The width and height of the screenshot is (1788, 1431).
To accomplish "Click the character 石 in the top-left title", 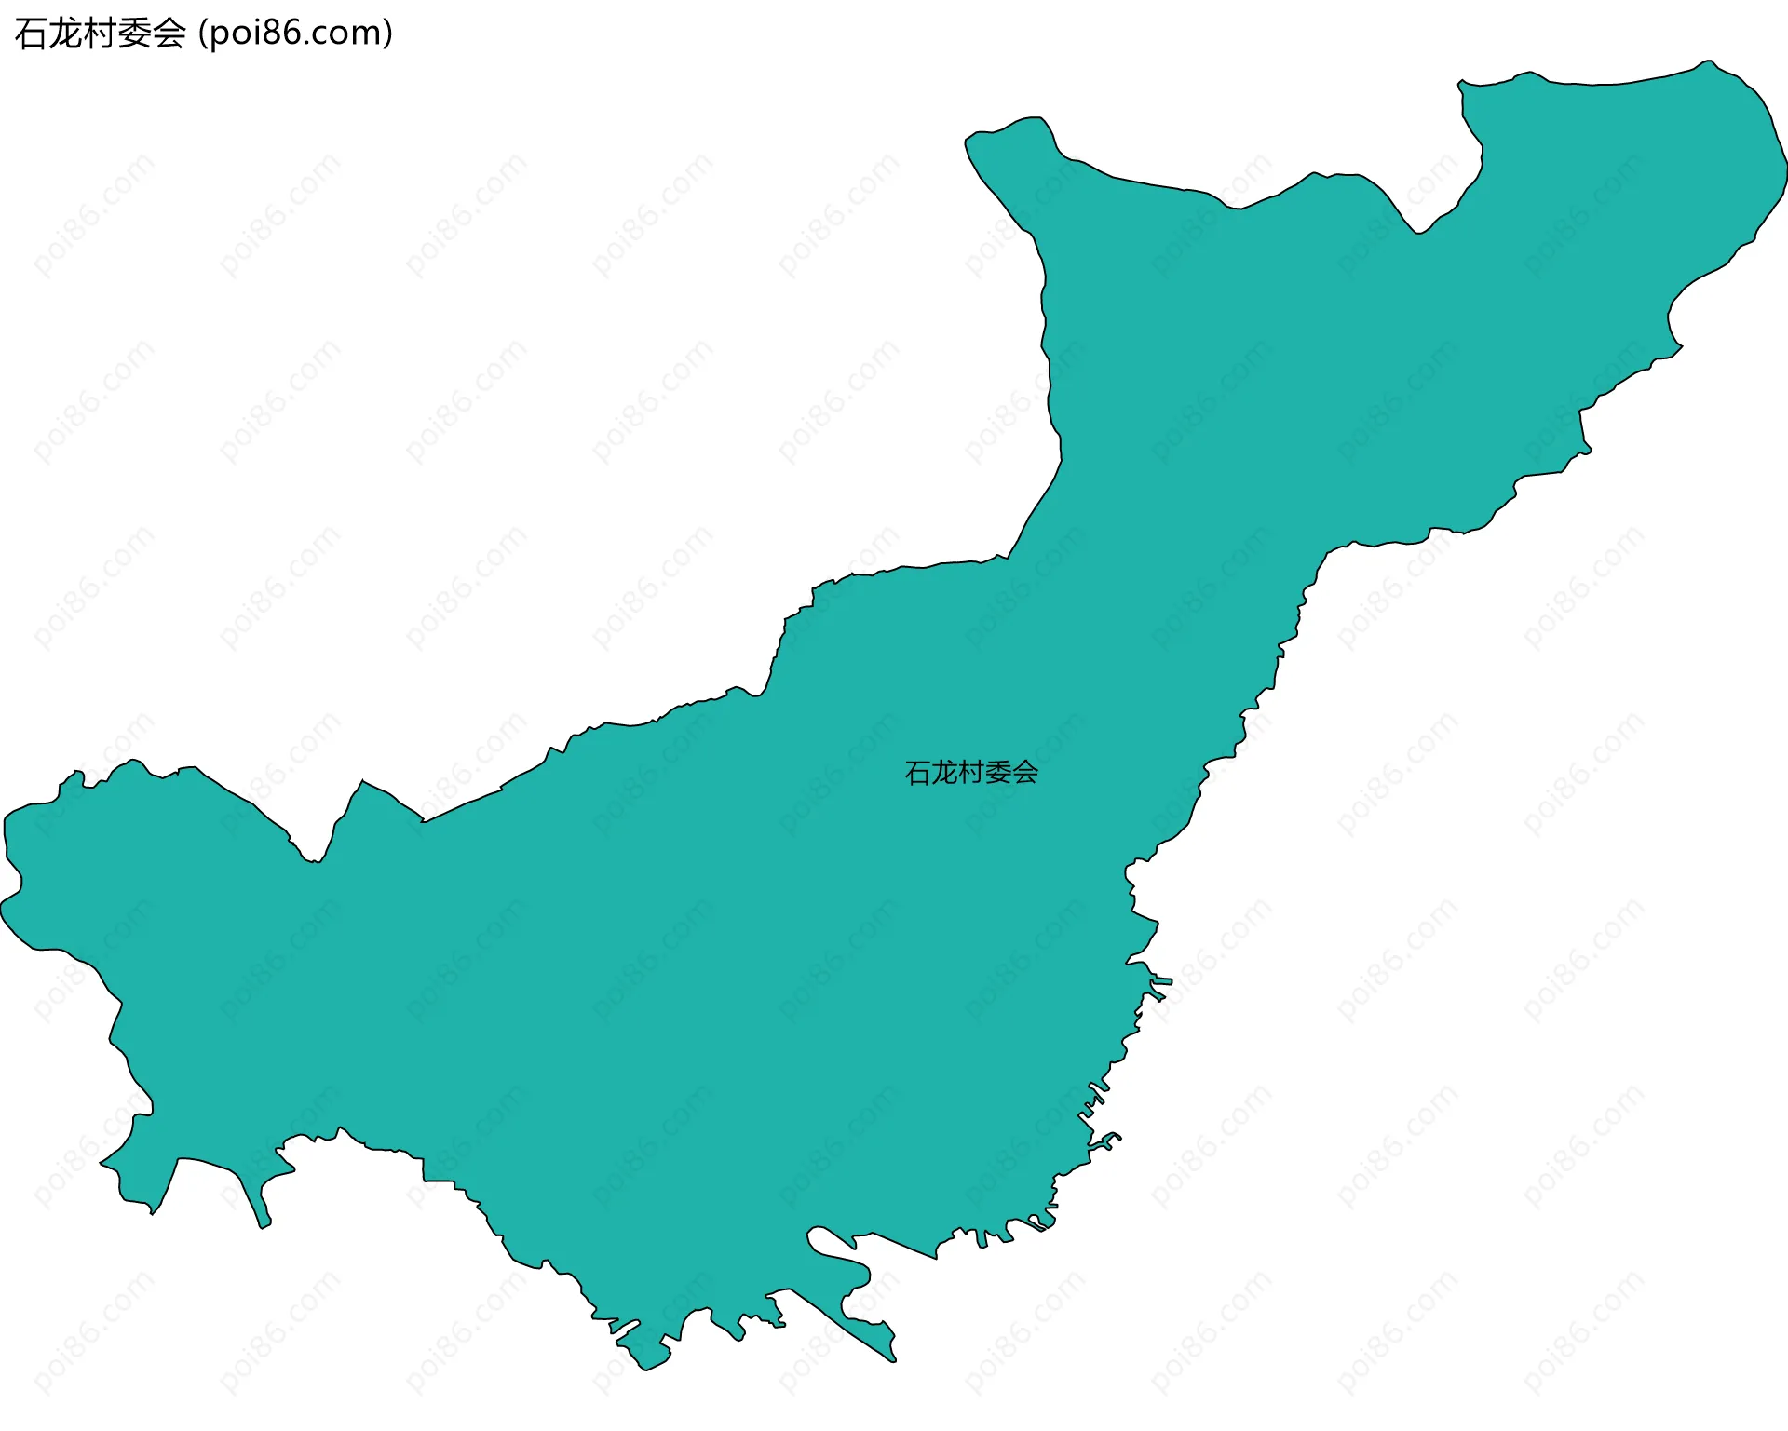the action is click(x=31, y=34).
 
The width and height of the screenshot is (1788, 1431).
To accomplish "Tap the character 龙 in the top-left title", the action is click(x=65, y=34).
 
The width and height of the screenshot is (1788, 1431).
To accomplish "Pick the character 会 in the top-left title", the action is click(x=169, y=34).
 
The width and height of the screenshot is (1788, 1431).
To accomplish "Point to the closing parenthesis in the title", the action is click(x=387, y=34).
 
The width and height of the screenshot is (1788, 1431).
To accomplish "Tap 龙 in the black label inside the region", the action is click(x=944, y=773).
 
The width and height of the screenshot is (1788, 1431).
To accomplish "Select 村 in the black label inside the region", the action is click(x=971, y=773).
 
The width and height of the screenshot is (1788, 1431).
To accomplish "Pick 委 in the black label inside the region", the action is click(x=998, y=773).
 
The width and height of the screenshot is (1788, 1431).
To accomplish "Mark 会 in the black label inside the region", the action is click(x=1025, y=773).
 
